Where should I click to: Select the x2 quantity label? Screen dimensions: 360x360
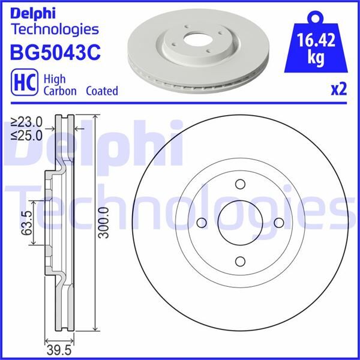coord(339,90)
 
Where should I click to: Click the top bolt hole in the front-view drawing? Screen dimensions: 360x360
coord(239,185)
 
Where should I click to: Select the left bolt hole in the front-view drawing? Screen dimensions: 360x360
coord(202,223)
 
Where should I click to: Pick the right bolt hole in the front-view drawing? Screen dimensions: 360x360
coord(278,223)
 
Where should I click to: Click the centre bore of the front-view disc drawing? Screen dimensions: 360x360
coord(239,223)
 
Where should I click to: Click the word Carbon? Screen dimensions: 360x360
coord(61,91)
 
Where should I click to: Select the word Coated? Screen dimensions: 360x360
coord(101,91)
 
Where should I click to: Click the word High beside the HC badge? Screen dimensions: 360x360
coord(56,78)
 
